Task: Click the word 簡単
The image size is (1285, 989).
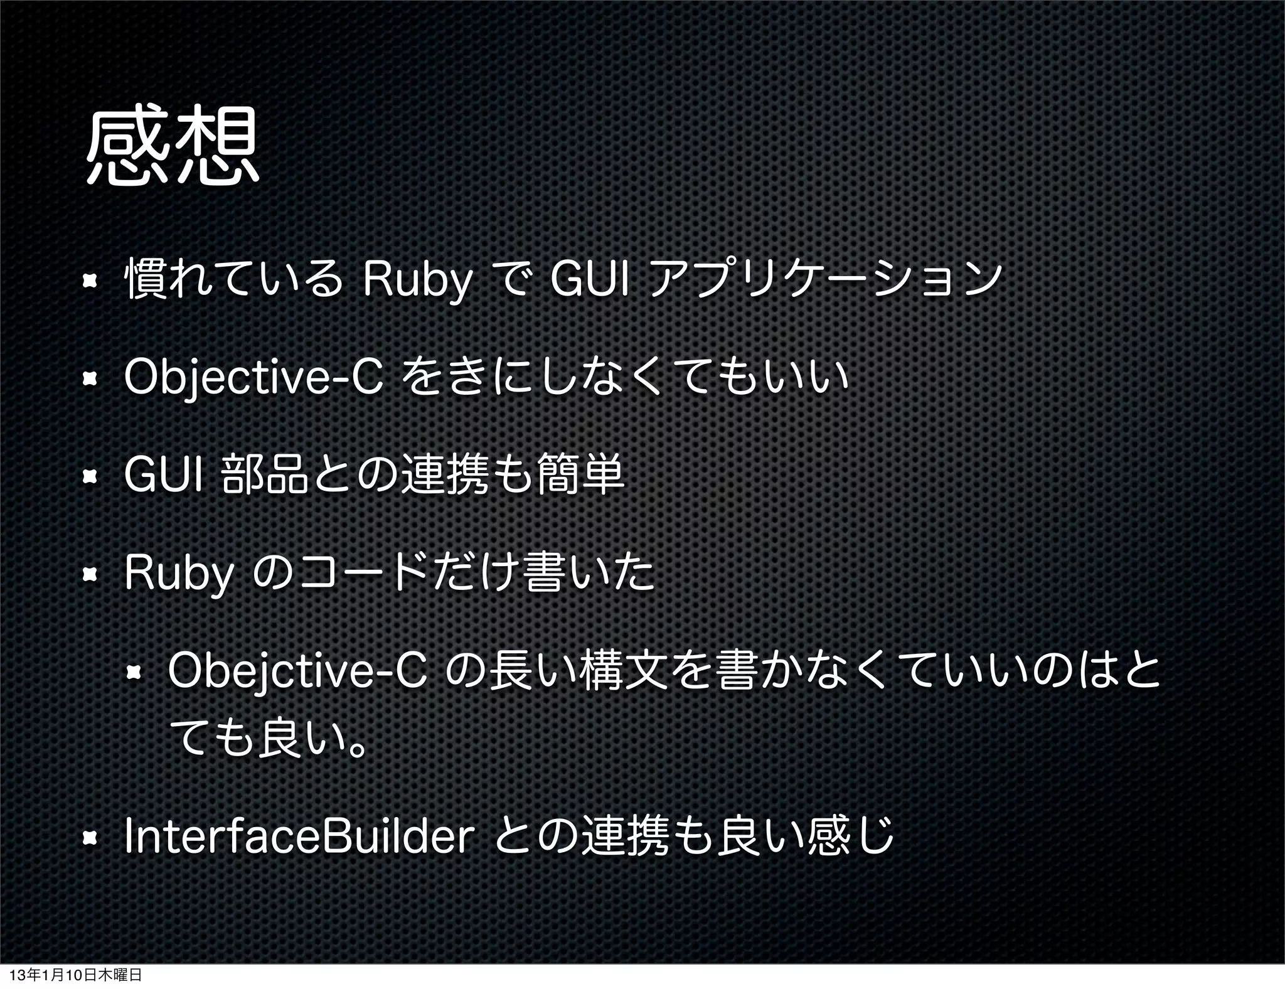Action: click(x=580, y=475)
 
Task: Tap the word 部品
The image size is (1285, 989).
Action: click(x=265, y=475)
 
